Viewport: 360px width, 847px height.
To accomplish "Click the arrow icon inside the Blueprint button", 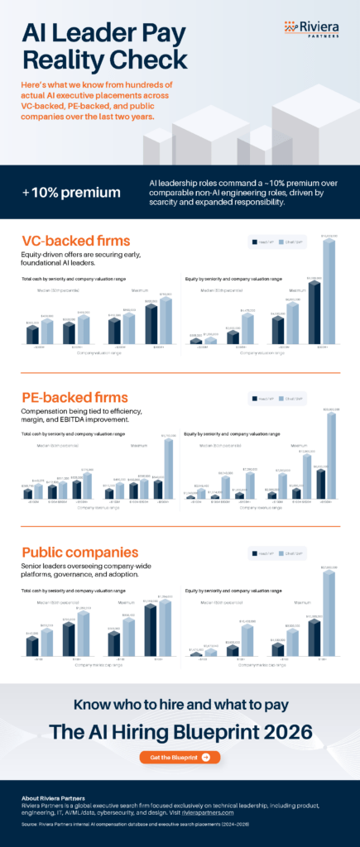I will (x=205, y=757).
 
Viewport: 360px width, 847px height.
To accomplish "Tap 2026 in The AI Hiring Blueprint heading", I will (x=283, y=731).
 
